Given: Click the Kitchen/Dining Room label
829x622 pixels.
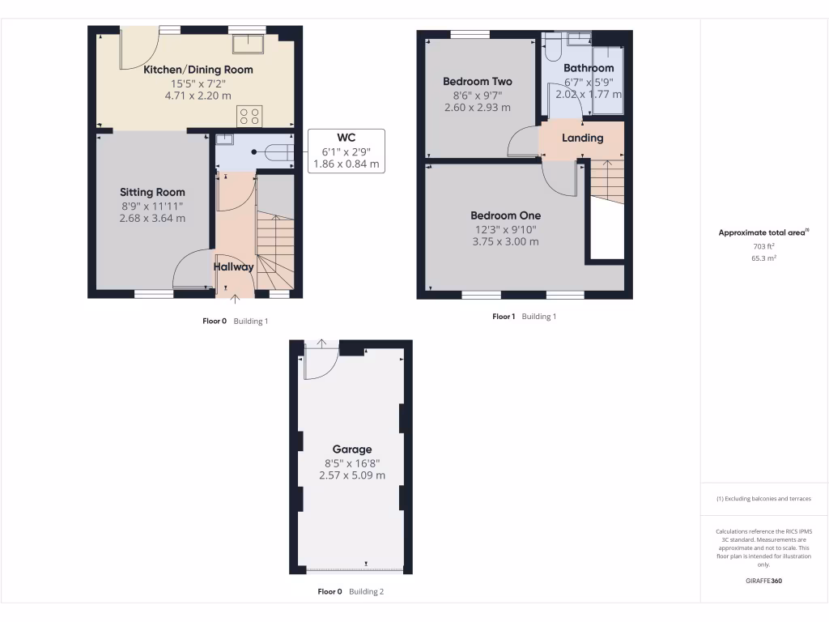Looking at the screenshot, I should [198, 70].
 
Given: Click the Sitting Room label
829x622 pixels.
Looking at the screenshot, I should [152, 192].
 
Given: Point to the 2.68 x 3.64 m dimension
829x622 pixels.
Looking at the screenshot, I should [152, 218].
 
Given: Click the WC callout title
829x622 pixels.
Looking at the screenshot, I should [346, 136].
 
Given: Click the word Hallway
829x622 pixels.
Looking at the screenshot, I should [234, 266].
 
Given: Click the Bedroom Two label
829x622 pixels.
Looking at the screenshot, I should [478, 81].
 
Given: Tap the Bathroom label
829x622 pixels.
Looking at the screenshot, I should [589, 68].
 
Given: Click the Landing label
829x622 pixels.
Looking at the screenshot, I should [583, 138].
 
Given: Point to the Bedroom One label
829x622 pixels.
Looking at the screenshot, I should [506, 215].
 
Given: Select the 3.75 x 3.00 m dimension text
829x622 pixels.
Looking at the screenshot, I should [506, 241].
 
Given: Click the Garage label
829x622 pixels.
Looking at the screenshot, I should [352, 449].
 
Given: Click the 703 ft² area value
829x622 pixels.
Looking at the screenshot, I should [763, 245].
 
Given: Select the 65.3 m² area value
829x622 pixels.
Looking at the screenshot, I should [763, 258].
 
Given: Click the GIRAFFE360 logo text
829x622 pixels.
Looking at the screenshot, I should [763, 581].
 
